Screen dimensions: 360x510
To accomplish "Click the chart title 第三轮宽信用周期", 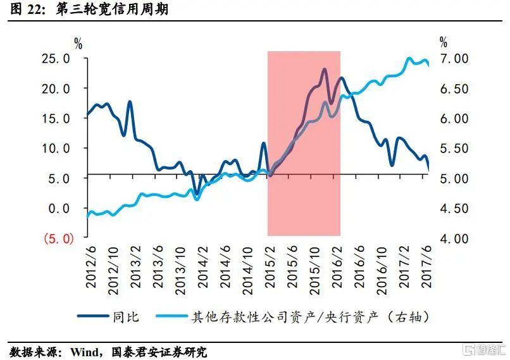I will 113,9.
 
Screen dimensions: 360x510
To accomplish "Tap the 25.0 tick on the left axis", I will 55,59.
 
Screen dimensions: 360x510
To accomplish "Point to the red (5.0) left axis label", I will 58,239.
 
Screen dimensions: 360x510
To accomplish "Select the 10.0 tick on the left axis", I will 55,148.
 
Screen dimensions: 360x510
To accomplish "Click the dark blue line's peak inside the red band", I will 325,70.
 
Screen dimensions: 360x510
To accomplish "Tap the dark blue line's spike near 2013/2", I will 130,102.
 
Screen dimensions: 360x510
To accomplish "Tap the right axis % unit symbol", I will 443,43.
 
